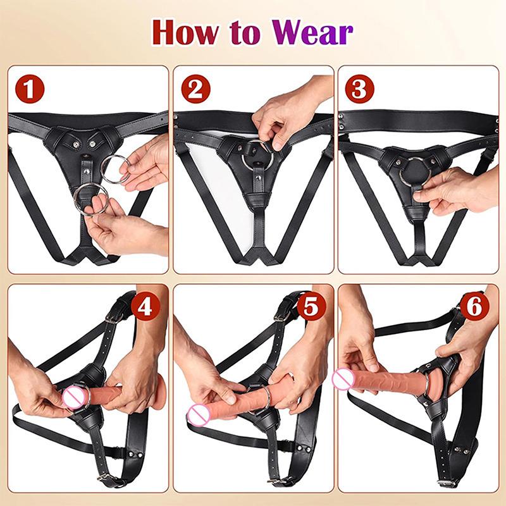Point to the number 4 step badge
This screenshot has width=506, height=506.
tap(145, 307)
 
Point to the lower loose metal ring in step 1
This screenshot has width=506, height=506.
tap(89, 199)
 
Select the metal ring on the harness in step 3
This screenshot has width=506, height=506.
tap(415, 171)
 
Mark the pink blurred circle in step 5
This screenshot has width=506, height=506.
tap(197, 414)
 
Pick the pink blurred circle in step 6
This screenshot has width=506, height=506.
tap(343, 378)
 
